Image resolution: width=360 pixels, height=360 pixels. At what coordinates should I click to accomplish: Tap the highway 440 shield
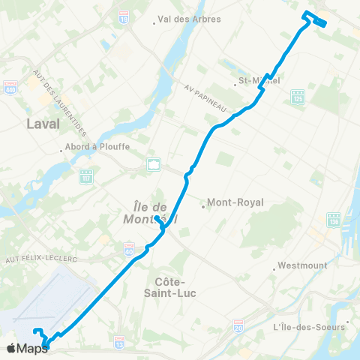coord(10,86)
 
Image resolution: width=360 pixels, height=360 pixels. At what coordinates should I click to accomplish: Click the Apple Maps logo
coord(27,348)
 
